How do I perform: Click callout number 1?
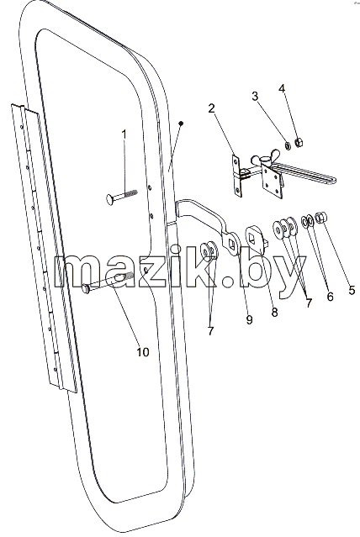(x=124, y=134)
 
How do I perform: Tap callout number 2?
(x=212, y=108)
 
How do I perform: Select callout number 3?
(x=255, y=97)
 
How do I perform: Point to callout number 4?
(x=282, y=88)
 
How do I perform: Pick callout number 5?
(x=352, y=291)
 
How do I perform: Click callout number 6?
(x=330, y=297)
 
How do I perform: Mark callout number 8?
(x=274, y=312)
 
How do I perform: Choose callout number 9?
(x=249, y=320)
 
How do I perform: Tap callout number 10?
(x=143, y=352)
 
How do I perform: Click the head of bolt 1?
(x=110, y=197)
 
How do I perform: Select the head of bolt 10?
(x=86, y=289)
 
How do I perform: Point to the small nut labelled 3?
(x=288, y=146)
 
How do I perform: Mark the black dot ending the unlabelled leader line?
(x=182, y=123)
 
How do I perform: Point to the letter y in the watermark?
(x=286, y=278)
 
